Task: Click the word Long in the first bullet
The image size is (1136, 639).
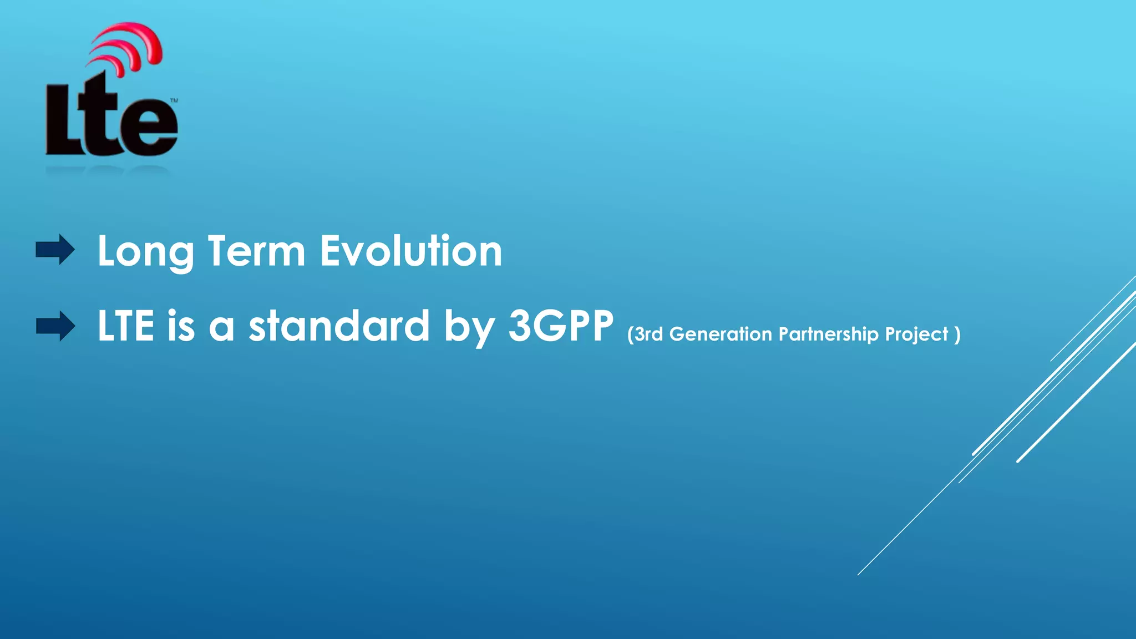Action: (145, 252)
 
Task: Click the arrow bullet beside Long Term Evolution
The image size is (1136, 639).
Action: (55, 250)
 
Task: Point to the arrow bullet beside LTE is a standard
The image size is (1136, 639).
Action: (55, 326)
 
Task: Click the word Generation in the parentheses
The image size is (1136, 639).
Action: (721, 334)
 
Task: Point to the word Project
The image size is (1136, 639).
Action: (916, 334)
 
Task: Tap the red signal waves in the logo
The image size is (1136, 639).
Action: (130, 47)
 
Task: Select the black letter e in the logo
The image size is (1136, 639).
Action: (151, 126)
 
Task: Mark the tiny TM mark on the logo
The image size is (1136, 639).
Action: (174, 100)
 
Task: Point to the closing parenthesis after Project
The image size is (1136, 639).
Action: (957, 334)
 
